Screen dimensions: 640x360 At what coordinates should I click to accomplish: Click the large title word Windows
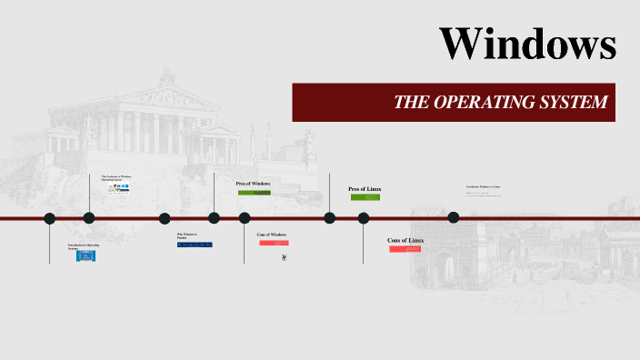tap(527, 44)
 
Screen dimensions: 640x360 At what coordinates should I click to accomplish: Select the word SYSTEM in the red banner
tap(573, 103)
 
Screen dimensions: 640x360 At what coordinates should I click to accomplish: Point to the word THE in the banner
tap(410, 103)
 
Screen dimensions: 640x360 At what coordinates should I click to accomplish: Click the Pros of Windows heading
tap(254, 184)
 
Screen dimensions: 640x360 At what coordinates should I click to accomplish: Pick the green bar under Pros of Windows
tap(254, 193)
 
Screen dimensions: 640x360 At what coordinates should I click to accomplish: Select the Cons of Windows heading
tap(272, 235)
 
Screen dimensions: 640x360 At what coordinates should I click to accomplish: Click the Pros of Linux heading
tap(365, 189)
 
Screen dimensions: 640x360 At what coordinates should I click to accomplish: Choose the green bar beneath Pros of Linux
tap(365, 197)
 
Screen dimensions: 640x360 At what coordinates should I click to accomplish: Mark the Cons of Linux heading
tap(405, 240)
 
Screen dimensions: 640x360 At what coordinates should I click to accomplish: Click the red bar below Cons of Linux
tap(405, 248)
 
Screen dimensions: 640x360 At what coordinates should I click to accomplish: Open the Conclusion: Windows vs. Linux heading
tap(484, 186)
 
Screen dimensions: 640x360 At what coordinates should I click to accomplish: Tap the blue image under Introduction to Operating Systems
tap(86, 256)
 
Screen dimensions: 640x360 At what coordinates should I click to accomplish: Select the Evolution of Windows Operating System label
tap(116, 178)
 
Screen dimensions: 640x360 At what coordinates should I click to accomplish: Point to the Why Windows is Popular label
tap(187, 235)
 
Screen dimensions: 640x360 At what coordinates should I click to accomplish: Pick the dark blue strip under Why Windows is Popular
tap(195, 245)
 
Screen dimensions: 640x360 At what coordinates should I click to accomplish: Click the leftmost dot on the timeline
tap(50, 218)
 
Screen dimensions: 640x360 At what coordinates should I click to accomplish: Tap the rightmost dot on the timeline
tap(454, 217)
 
